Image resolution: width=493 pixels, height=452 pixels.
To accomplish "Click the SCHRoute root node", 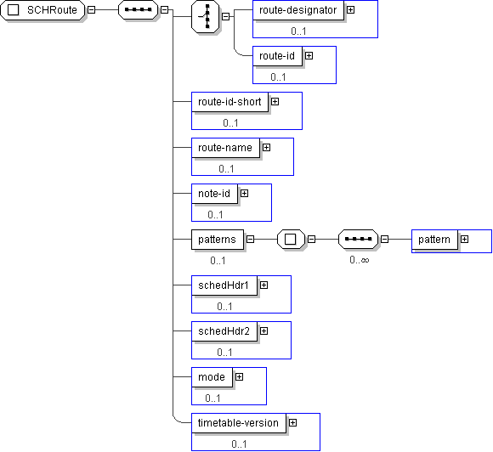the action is (42, 10).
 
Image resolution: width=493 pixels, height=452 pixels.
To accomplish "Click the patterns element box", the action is (218, 240).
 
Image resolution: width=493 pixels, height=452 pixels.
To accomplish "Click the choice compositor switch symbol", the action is (206, 16).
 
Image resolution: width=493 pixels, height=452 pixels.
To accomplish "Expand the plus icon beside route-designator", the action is (350, 10).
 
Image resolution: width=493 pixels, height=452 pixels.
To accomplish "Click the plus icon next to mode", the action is (239, 377).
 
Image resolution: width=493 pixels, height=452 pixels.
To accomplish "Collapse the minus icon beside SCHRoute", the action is (91, 10).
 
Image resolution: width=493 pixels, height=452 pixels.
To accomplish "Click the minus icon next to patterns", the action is (250, 240).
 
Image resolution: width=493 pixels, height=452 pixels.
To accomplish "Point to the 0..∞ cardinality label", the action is (360, 260).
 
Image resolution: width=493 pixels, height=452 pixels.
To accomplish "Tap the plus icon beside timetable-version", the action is (292, 423).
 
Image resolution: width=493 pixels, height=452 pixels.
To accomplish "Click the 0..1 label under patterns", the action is (218, 261).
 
